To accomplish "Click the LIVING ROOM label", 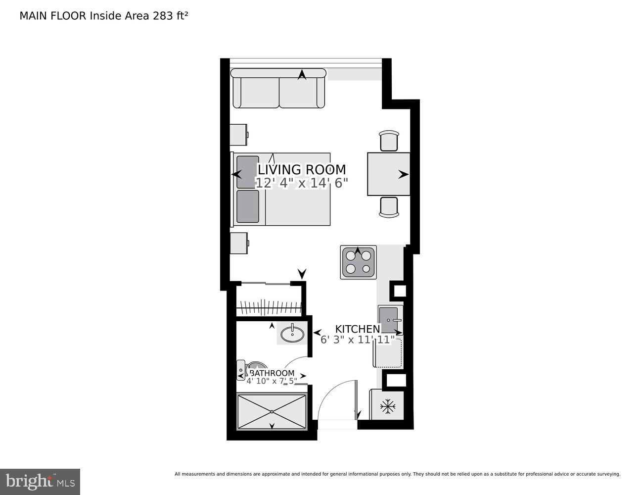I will [x=301, y=170].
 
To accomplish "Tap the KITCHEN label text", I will [x=357, y=329].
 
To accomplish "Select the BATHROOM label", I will [x=273, y=373].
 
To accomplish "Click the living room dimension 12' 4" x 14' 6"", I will [x=301, y=183].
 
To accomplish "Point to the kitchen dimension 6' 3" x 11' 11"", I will [x=357, y=340].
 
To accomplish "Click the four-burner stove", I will [x=358, y=262].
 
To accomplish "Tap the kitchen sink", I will [x=390, y=320].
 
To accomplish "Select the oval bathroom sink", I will [x=292, y=334].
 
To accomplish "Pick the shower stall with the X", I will [x=272, y=411].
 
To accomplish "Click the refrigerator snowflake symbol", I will [x=388, y=407].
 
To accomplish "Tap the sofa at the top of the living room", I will [x=278, y=89].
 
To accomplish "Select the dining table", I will [x=388, y=174].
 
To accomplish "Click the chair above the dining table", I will [x=389, y=141].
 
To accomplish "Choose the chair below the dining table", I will [x=389, y=207].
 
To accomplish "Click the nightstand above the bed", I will [x=239, y=134].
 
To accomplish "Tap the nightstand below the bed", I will [x=239, y=243].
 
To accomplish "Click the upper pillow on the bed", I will [x=248, y=172].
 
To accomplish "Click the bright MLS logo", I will [x=40, y=481].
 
